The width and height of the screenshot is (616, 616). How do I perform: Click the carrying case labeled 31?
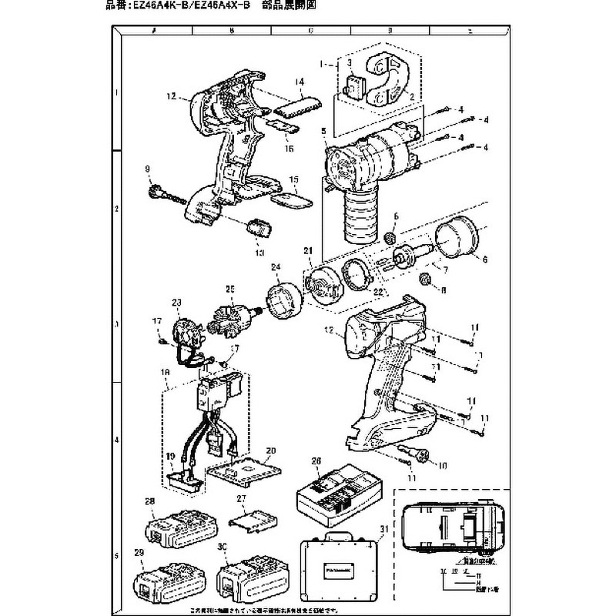tap(339, 569)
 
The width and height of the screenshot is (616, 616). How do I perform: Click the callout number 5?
tap(324, 132)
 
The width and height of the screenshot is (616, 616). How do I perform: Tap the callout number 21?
tap(309, 250)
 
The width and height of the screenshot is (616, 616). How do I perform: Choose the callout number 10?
tap(442, 464)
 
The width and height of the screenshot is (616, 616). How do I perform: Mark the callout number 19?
tap(170, 457)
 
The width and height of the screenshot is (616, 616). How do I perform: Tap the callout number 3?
tap(349, 62)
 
